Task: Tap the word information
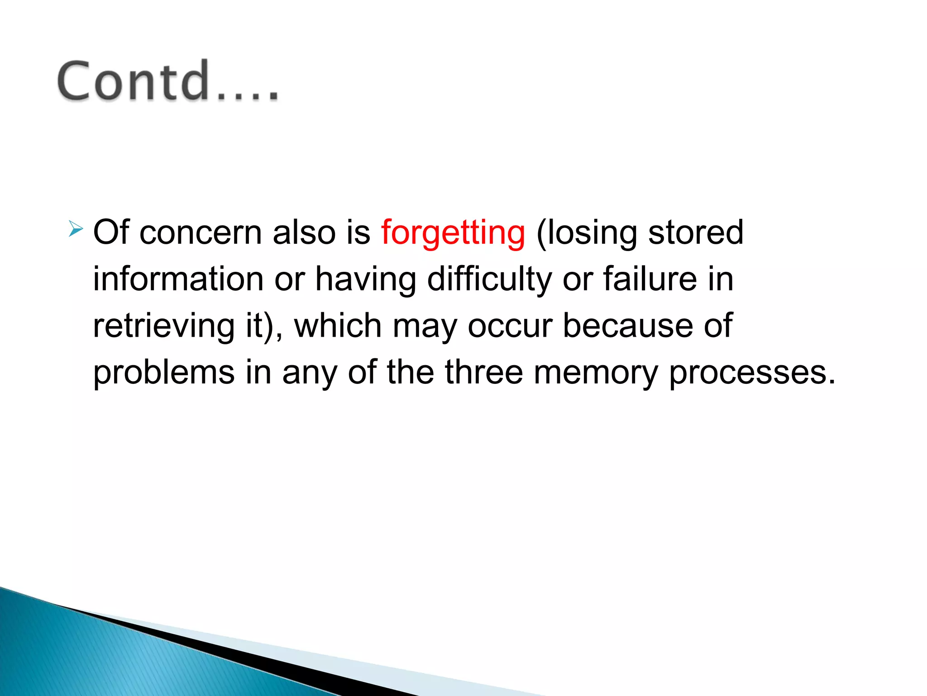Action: tap(178, 279)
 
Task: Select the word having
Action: tap(366, 279)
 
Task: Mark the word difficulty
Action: tap(489, 279)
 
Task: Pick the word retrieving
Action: tap(164, 326)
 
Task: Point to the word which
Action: tap(338, 326)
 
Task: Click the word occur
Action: tap(510, 326)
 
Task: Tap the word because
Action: tap(627, 326)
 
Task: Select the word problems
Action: tap(164, 372)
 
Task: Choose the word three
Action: tap(484, 372)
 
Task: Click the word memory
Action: tap(595, 372)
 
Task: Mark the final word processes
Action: tap(751, 372)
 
